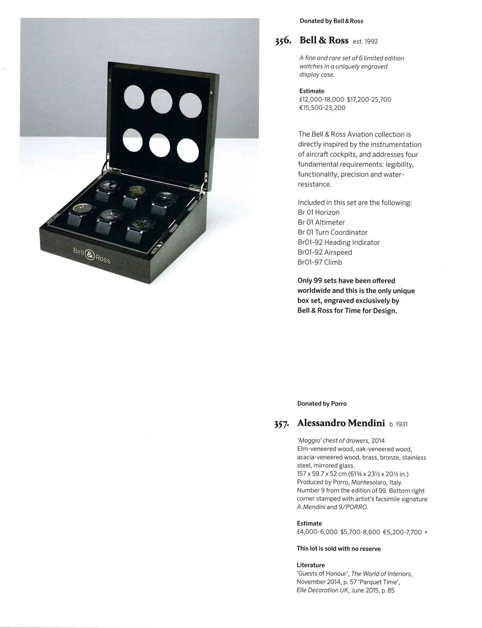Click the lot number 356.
tap(283, 41)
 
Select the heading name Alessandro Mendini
tap(341, 423)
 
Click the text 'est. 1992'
tap(365, 41)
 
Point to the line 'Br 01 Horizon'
tap(319, 212)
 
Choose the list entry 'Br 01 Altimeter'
tap(321, 222)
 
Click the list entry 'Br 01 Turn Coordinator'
tap(333, 232)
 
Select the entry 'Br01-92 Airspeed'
tap(324, 252)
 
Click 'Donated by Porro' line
tap(322, 403)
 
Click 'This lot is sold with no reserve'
tap(339, 548)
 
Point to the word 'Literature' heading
tap(311, 565)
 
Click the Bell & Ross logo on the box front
tap(92, 255)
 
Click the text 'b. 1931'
tap(398, 424)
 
